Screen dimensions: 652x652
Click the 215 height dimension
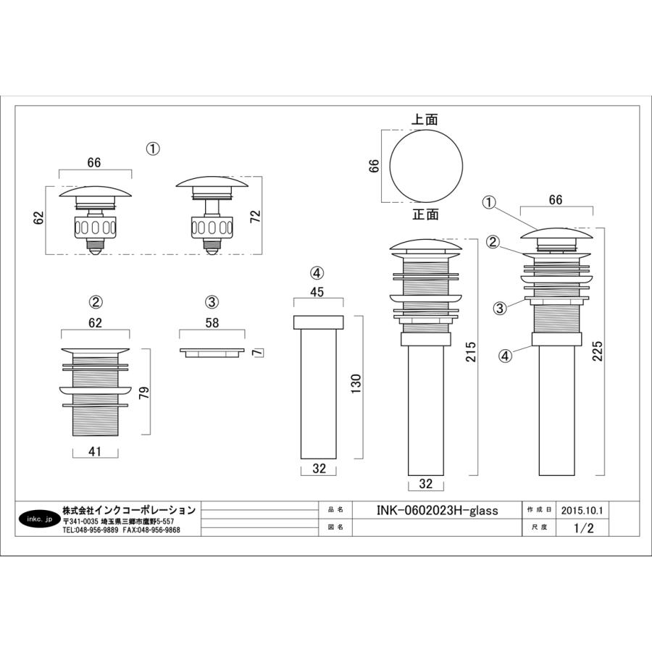471,351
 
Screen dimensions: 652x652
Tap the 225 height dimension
597,351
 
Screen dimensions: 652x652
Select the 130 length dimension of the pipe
356,384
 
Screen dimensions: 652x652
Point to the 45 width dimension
317,292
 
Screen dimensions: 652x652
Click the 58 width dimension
212,322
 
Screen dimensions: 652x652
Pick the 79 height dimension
144,393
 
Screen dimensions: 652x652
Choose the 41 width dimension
95,451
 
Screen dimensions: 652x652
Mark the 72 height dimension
255,216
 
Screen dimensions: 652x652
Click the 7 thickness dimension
258,353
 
